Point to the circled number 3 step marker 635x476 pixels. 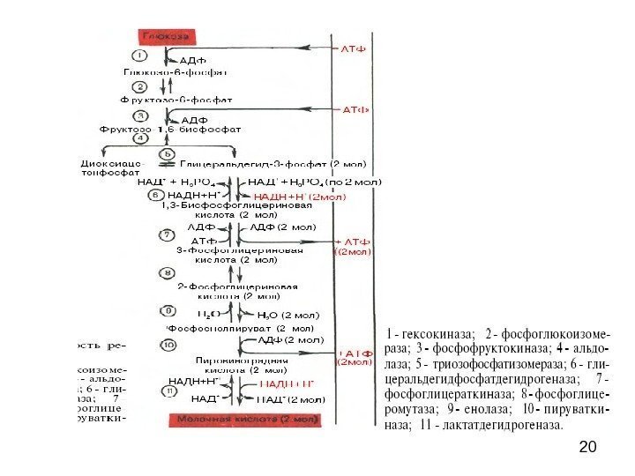point(139,115)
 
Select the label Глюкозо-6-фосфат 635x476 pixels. point(176,72)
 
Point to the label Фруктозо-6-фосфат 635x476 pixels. point(176,100)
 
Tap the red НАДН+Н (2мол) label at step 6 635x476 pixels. point(299,196)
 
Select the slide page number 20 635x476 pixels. point(586,450)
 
